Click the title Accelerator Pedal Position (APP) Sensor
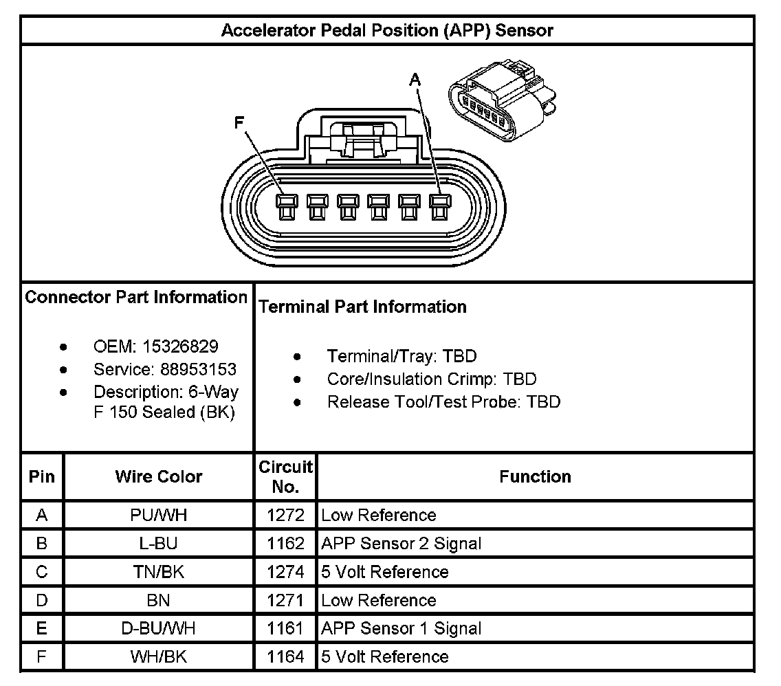point(387,31)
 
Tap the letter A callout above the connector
point(414,80)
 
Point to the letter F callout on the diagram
point(239,123)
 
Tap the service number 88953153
point(199,369)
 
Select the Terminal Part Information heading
point(362,307)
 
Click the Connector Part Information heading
point(136,297)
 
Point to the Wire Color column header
point(159,476)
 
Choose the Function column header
point(535,476)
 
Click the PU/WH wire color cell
point(159,516)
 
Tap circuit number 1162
point(285,544)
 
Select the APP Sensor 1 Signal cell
point(401,628)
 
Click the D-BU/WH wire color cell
point(159,628)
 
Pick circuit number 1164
point(285,657)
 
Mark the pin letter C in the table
point(42,572)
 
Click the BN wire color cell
point(159,600)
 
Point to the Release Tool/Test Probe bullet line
point(443,402)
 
